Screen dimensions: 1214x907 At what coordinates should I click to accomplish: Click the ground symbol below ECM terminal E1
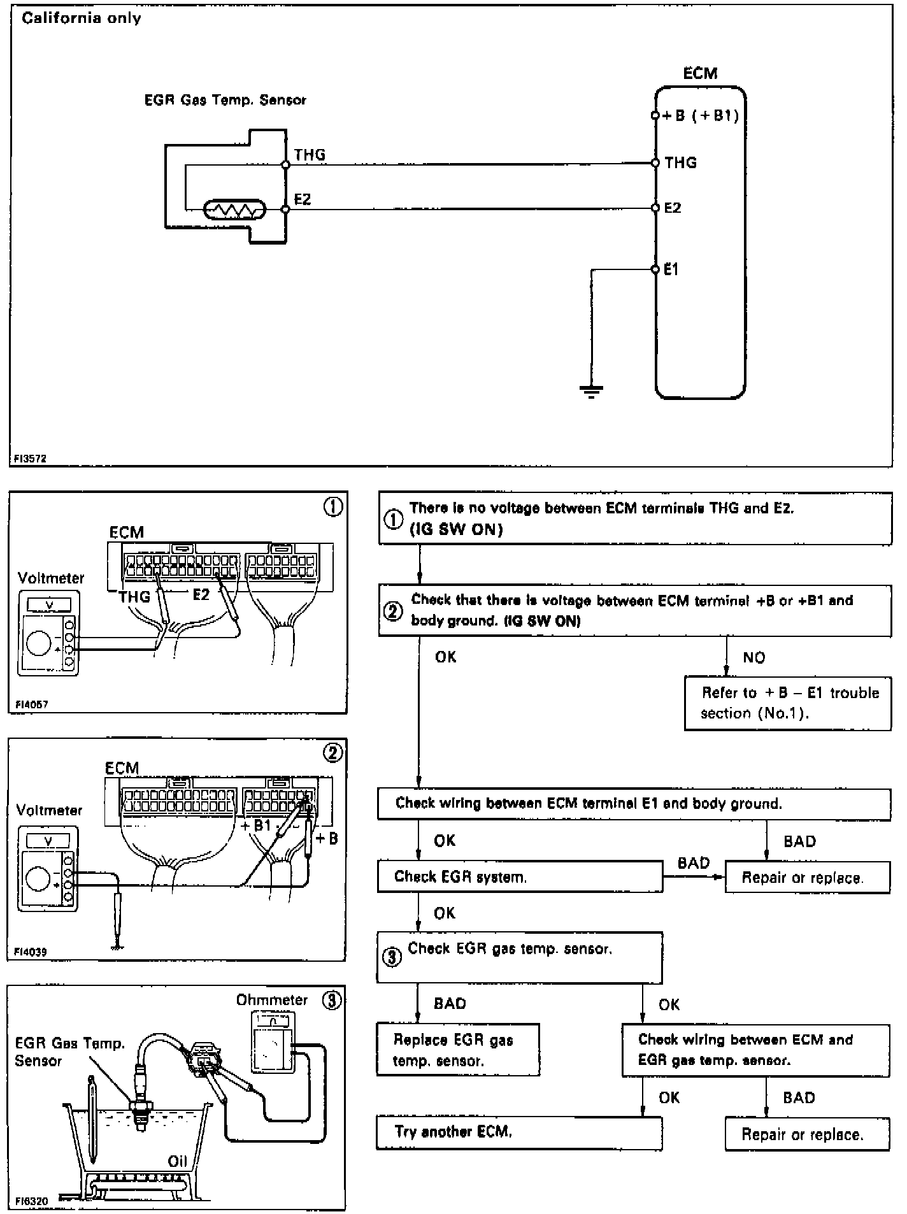[592, 390]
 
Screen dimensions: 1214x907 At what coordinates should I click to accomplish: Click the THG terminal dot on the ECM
[655, 163]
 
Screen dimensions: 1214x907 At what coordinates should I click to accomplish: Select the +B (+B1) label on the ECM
[701, 116]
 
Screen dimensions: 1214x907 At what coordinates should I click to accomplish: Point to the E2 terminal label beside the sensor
[303, 199]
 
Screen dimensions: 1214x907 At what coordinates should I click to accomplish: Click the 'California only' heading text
[81, 18]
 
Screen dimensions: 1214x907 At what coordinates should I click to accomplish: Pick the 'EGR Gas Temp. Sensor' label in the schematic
[225, 100]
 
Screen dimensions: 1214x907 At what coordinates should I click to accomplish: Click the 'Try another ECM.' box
[518, 1132]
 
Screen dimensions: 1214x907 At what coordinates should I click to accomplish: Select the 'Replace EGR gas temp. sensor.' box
[457, 1050]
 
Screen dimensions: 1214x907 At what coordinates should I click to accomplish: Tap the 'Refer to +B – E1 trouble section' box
[788, 703]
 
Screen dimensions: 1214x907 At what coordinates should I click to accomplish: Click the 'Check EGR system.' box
[519, 876]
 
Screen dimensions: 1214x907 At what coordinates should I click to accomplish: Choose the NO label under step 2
[753, 657]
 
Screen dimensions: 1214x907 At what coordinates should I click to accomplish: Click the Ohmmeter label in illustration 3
[271, 1000]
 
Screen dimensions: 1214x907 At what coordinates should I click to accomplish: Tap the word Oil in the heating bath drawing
[177, 1161]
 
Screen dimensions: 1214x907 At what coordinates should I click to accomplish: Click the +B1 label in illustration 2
[257, 825]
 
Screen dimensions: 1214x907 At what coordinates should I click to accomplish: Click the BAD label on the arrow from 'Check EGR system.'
[693, 863]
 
